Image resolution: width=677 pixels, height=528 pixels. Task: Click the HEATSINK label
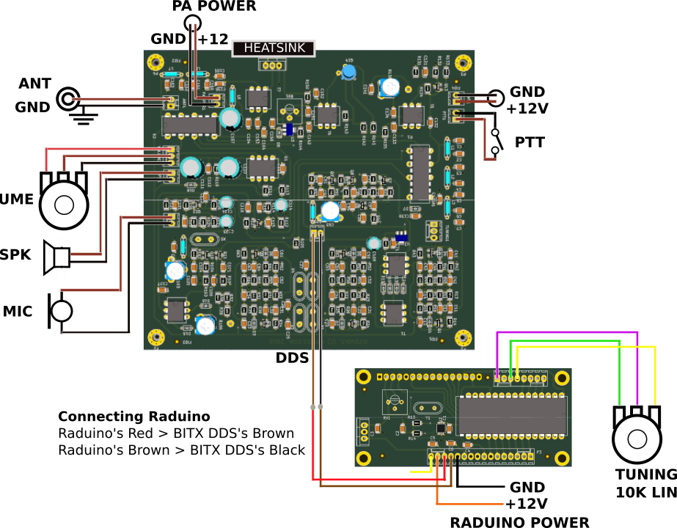(x=274, y=48)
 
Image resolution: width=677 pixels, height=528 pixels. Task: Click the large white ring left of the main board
(x=64, y=205)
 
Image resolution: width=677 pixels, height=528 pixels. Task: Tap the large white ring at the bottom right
(x=637, y=439)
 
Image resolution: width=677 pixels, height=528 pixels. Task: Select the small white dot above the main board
(x=192, y=23)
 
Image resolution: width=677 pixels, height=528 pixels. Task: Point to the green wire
(x=619, y=374)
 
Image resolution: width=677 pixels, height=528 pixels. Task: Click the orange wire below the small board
(x=469, y=504)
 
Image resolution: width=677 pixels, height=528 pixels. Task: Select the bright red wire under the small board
(x=381, y=480)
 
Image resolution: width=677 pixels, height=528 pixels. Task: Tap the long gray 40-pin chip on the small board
(x=511, y=416)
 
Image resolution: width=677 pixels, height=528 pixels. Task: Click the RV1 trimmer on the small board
(x=395, y=402)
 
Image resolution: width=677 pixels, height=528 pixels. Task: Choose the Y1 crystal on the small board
(x=428, y=408)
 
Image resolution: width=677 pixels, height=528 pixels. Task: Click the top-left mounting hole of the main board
(x=155, y=62)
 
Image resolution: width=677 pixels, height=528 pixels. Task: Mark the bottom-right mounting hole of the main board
(x=463, y=337)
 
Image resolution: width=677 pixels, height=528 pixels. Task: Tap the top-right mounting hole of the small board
(x=562, y=378)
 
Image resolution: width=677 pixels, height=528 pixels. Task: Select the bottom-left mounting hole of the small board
(x=364, y=458)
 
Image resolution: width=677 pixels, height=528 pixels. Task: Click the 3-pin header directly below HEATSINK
(x=272, y=65)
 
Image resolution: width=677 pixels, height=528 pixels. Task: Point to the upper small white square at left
(x=62, y=241)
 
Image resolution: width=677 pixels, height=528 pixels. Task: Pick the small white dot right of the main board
(x=496, y=98)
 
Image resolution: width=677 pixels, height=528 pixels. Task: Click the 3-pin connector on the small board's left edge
(x=364, y=432)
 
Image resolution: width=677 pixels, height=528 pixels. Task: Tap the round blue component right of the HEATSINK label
(x=349, y=71)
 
